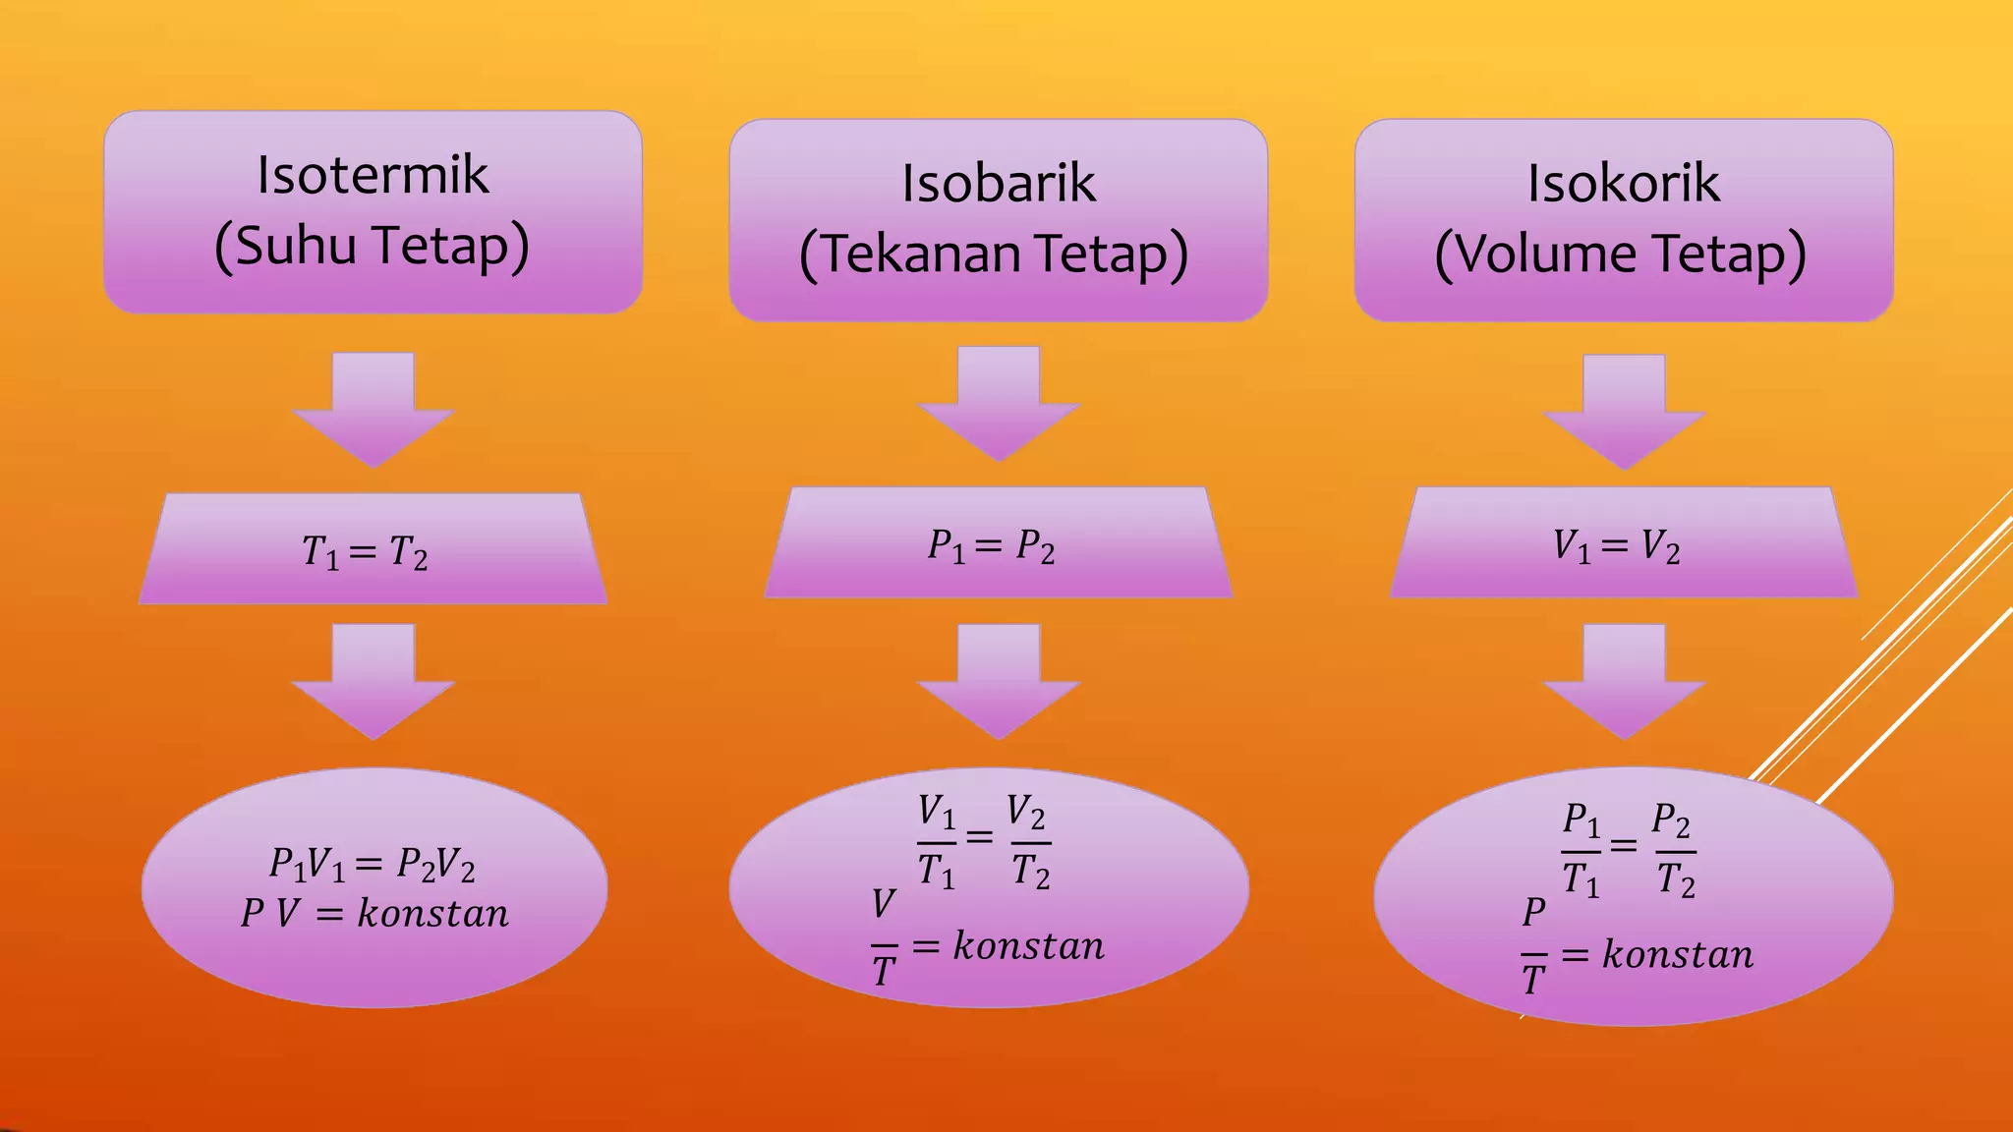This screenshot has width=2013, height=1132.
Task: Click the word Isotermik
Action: (373, 175)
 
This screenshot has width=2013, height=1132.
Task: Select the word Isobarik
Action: (999, 183)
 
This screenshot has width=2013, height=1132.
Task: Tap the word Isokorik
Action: (1624, 183)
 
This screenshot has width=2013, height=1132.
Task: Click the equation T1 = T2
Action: (365, 552)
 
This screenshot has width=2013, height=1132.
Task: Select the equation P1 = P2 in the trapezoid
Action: (991, 546)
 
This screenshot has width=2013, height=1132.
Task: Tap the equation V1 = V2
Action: (1617, 546)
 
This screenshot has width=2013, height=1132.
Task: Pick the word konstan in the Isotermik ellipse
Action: (432, 914)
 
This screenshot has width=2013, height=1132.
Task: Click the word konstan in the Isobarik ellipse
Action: (1029, 946)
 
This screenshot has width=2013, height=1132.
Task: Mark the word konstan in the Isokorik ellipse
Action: (1678, 954)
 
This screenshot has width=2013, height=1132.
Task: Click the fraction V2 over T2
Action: (1029, 843)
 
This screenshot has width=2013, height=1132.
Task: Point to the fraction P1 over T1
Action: (1582, 851)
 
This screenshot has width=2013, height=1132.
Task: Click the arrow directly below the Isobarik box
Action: (999, 404)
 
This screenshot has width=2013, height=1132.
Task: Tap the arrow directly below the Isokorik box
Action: (1624, 412)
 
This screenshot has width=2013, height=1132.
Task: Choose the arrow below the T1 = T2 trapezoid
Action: (374, 681)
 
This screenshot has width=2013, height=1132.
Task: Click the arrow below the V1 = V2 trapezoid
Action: (1624, 681)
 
